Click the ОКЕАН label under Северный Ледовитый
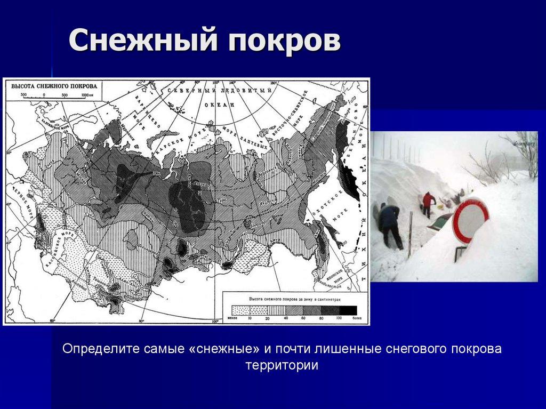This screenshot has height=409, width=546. (x=219, y=106)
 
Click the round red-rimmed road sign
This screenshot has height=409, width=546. (x=470, y=220)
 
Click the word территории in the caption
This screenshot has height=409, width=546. (x=282, y=366)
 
